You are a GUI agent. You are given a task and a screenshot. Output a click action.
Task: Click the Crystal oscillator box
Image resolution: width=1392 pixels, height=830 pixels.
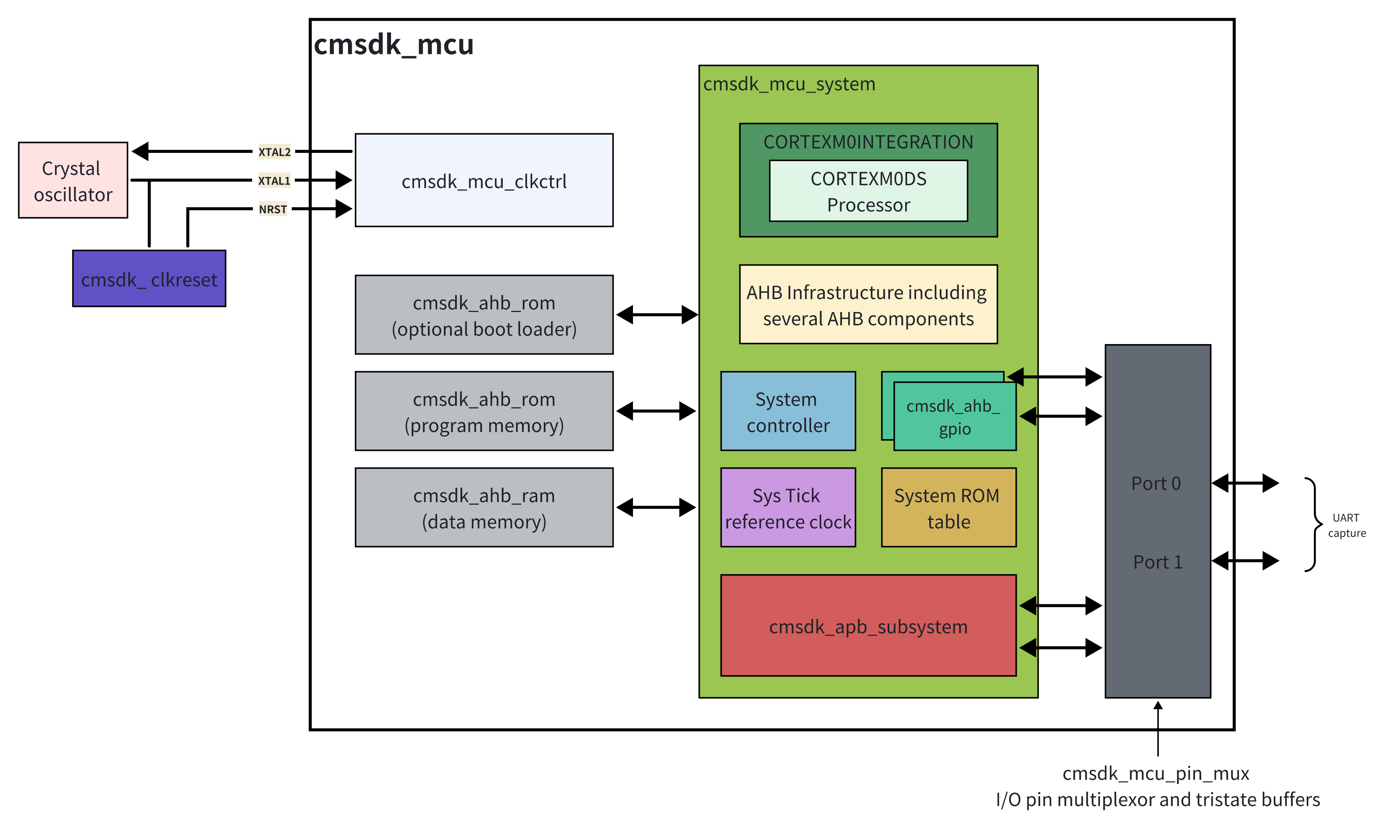coord(73,180)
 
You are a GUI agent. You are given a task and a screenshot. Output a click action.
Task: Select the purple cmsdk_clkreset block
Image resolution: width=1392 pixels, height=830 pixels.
coord(149,278)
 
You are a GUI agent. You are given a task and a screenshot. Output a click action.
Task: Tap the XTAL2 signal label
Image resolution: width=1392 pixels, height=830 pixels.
coord(274,152)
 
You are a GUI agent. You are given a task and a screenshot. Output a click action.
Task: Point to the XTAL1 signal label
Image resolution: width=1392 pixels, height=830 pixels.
coord(274,181)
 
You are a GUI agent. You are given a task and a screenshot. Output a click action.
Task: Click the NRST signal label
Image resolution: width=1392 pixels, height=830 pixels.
coord(273,209)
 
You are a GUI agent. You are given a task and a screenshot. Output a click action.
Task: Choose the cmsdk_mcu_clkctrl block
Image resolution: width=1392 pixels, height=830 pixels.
coord(484,180)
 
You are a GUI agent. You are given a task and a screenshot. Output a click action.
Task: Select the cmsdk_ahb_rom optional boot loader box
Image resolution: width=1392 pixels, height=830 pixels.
coord(484,315)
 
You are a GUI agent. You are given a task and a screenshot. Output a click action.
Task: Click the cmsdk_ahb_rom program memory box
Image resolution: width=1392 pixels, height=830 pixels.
coord(484,411)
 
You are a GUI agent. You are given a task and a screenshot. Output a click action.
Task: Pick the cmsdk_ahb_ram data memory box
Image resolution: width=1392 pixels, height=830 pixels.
coord(484,507)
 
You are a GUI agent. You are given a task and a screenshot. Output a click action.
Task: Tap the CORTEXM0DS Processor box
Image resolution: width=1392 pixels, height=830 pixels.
coord(868,191)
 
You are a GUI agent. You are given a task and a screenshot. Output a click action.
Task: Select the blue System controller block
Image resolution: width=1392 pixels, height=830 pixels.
coord(788,411)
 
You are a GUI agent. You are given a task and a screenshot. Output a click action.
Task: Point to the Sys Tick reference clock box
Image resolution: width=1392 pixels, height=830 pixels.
coord(788,507)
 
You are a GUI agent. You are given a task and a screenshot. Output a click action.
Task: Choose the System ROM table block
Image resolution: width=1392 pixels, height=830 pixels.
coord(949,507)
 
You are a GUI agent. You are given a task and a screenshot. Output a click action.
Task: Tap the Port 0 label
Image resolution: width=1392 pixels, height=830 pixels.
coord(1156,483)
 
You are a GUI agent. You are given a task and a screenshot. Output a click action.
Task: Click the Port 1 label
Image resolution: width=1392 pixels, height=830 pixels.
coord(1158,561)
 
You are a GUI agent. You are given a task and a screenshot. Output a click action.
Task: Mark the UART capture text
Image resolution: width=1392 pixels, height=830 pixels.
coord(1347,525)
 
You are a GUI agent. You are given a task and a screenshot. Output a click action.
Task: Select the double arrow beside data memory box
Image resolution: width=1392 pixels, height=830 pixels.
coord(656,507)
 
